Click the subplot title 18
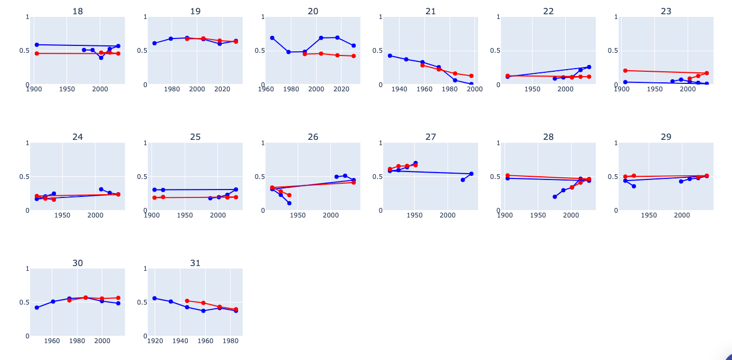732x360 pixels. [78, 11]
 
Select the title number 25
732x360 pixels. [195, 137]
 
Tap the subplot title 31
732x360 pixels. [195, 263]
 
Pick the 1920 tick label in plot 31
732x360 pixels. [155, 341]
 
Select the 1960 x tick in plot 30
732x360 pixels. [52, 341]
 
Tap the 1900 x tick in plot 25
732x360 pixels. [151, 215]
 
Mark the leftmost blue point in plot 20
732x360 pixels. [272, 38]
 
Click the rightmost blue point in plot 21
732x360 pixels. [471, 84]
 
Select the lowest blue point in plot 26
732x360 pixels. [289, 203]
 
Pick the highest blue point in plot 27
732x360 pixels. [415, 163]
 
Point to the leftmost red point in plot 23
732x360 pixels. [625, 70]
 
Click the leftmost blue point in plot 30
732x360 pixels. [37, 308]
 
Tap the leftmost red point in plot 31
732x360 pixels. [187, 301]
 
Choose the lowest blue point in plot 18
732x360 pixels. [101, 58]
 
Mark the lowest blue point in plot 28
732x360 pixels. [555, 197]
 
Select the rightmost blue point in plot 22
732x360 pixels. [589, 67]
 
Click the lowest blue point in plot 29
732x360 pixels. [634, 186]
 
